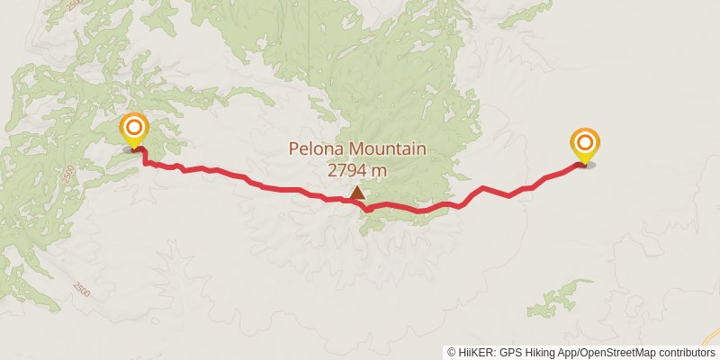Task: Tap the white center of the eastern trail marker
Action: pos(585,142)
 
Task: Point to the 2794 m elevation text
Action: pos(357,169)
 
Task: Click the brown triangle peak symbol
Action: pos(358,192)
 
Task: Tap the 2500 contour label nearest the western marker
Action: pos(69,173)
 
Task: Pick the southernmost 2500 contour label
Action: pos(82,290)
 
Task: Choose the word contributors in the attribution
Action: pos(686,352)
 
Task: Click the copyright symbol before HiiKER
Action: pos(452,352)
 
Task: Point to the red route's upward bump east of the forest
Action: pos(483,188)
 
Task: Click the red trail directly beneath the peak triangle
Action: pos(357,202)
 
